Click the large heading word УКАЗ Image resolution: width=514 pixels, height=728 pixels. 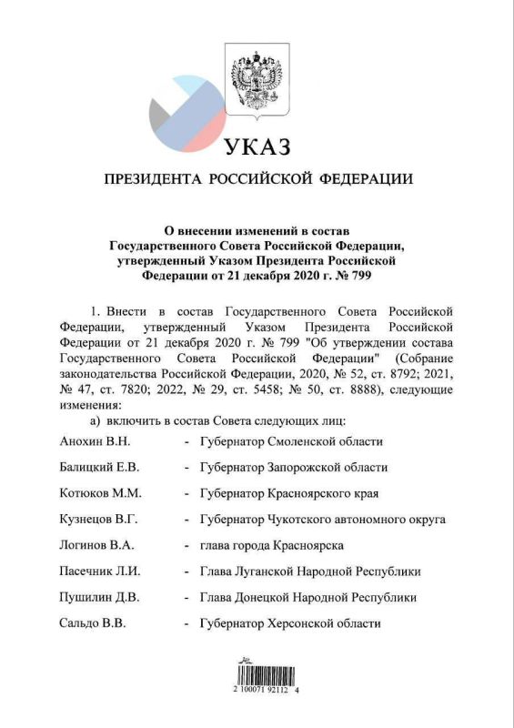click(x=257, y=147)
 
